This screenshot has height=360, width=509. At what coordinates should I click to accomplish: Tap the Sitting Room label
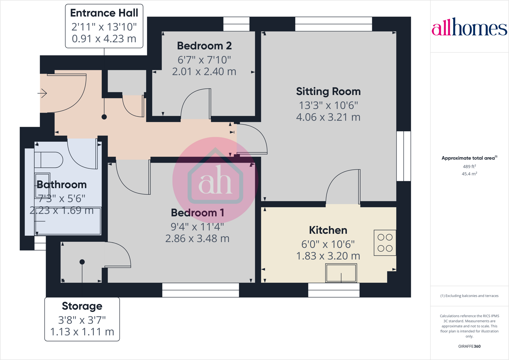pyautogui.click(x=328, y=91)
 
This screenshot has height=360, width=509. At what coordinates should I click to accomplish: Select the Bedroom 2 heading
pyautogui.click(x=204, y=46)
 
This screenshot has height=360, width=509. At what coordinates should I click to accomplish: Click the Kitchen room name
pyautogui.click(x=328, y=230)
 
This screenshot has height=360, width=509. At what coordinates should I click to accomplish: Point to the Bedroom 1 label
pyautogui.click(x=197, y=213)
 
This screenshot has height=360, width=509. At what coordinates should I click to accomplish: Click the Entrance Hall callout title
pyautogui.click(x=104, y=13)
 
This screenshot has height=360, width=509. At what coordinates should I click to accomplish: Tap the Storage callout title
pyautogui.click(x=82, y=306)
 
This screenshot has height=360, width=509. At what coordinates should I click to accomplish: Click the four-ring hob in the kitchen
pyautogui.click(x=385, y=243)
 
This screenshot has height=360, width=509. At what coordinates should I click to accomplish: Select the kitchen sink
pyautogui.click(x=341, y=273)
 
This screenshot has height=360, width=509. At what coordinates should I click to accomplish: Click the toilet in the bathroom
pyautogui.click(x=49, y=160)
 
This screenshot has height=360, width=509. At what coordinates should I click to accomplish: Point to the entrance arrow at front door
pyautogui.click(x=42, y=93)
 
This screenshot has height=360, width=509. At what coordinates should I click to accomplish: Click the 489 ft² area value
pyautogui.click(x=469, y=167)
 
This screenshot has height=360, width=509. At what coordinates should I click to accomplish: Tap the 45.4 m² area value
pyautogui.click(x=469, y=174)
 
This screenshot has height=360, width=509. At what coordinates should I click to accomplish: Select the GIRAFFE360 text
pyautogui.click(x=469, y=346)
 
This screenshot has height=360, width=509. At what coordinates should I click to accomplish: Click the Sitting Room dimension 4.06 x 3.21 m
pyautogui.click(x=328, y=117)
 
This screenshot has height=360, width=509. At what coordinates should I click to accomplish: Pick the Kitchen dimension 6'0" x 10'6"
pyautogui.click(x=328, y=244)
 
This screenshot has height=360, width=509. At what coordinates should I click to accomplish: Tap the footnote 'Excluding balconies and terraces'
pyautogui.click(x=469, y=296)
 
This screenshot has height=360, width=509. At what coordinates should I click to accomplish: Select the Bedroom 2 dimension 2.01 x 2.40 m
pyautogui.click(x=204, y=72)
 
